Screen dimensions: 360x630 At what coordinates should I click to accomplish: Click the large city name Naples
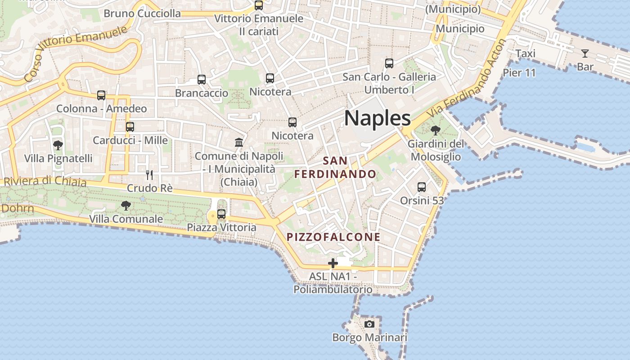(377, 118)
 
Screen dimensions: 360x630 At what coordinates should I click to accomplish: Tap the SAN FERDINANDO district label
(335, 167)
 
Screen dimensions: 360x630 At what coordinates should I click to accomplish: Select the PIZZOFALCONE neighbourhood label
(333, 237)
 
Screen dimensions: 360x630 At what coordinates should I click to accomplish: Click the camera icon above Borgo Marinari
(369, 324)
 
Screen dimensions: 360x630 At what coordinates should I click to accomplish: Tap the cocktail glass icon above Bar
(585, 54)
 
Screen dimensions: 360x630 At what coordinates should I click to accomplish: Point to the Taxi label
(525, 54)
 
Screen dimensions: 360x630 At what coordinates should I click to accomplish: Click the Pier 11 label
(519, 72)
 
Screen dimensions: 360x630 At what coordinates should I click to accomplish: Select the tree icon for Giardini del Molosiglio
(435, 130)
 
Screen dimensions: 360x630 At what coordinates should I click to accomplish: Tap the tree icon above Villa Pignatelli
(58, 145)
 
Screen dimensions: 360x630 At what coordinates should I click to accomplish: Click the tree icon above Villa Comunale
(126, 206)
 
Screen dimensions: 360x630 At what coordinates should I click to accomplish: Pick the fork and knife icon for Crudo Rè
(149, 175)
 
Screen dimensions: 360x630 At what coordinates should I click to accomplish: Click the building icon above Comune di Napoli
(239, 143)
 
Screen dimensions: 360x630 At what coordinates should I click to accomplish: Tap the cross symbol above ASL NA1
(333, 263)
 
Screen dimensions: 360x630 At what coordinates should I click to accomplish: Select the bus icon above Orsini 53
(422, 187)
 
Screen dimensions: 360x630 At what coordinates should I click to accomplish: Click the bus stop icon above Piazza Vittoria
(221, 214)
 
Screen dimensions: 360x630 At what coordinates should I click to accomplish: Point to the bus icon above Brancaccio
(202, 80)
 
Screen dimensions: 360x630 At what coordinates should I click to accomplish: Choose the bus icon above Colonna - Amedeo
(101, 95)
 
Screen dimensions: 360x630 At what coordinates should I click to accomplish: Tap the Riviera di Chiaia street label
(45, 181)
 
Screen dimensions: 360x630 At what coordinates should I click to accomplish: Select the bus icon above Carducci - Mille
(130, 127)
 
